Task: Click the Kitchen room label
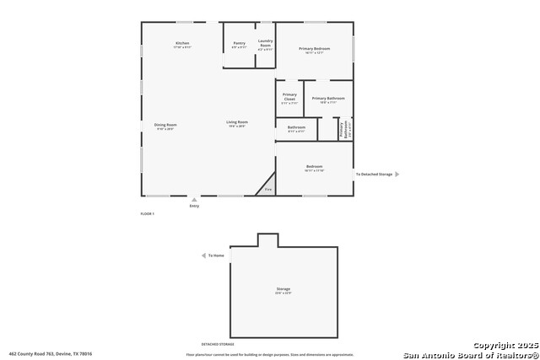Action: click(182, 43)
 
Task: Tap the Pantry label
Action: click(240, 43)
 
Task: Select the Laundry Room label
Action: click(265, 43)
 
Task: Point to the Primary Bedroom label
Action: click(314, 49)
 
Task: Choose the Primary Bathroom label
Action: click(328, 99)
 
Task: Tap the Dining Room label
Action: click(165, 125)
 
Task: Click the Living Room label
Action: click(237, 123)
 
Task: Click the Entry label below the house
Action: click(194, 206)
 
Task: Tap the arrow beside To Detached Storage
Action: click(397, 175)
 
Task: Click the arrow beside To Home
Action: click(203, 255)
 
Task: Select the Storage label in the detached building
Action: click(283, 289)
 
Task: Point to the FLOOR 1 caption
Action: click(147, 214)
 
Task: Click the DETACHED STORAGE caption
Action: click(217, 344)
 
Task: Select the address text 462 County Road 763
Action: click(51, 354)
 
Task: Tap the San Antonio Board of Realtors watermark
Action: click(471, 354)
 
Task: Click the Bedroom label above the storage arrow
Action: click(314, 167)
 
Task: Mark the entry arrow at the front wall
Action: click(194, 200)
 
